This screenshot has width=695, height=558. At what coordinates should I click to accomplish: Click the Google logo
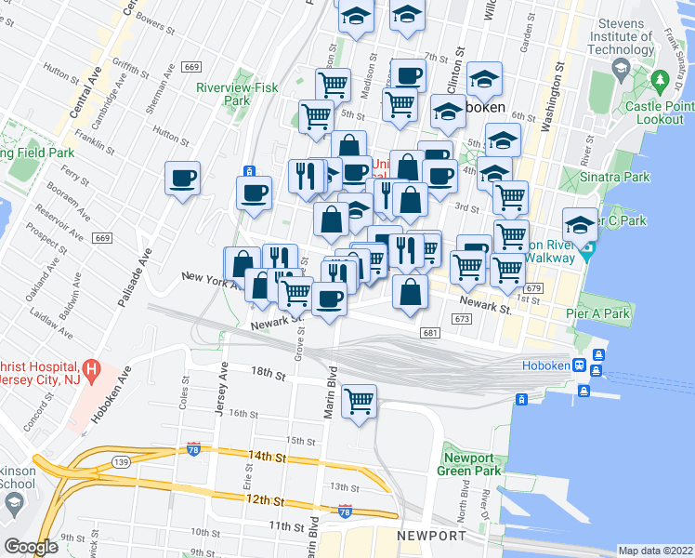pos(31,547)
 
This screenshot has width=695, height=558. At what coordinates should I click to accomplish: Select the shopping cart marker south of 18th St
pos(359,402)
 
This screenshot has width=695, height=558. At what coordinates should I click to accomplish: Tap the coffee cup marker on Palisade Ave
pos(182,177)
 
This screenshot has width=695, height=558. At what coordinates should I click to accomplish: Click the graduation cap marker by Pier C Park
pos(581,224)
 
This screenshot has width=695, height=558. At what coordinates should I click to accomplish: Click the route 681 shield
pos(428,333)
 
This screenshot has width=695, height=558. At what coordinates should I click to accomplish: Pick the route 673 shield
pos(462,319)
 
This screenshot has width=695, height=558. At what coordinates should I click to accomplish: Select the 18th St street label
pos(268,372)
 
